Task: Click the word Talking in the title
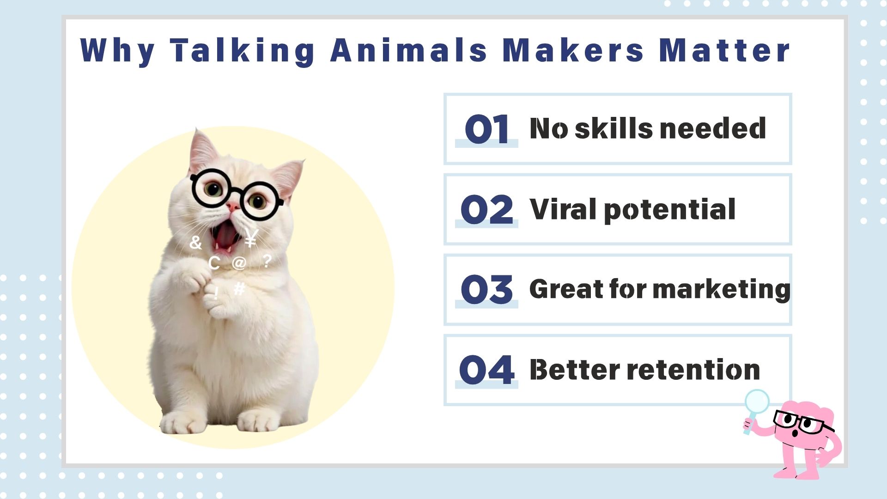243,50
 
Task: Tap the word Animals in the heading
408,50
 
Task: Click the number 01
486,129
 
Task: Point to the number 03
486,290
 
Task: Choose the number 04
486,370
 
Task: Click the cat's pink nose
233,207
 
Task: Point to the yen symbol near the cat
251,238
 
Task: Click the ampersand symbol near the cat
195,242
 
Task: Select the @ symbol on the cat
239,263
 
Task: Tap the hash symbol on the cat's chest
239,289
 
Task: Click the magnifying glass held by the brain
757,402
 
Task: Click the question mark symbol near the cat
267,261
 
